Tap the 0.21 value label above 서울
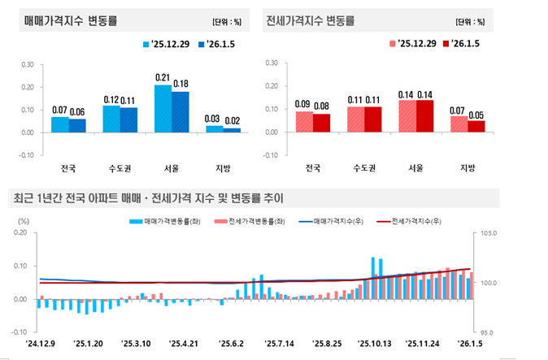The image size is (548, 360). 163,77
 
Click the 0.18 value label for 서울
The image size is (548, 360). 180,84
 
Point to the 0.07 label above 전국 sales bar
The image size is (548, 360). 59,110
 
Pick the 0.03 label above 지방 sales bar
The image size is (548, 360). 214,119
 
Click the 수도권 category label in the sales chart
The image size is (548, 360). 120,169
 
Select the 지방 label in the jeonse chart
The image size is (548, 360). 467,169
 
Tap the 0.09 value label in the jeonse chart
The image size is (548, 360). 303,104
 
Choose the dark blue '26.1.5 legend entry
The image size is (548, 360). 218,44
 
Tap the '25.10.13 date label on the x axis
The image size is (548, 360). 376,344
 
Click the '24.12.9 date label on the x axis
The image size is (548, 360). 41,344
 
